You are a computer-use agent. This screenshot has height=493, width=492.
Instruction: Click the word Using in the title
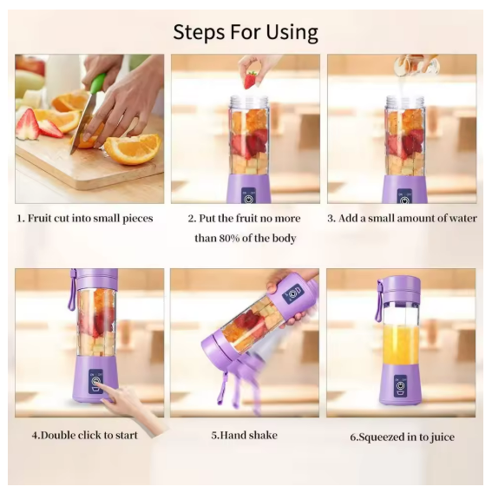pos(292,33)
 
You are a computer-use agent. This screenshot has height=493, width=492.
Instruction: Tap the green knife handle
pos(97,82)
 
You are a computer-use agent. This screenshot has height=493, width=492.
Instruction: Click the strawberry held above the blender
pos(251,80)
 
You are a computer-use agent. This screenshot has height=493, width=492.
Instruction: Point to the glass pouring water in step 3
pos(417,64)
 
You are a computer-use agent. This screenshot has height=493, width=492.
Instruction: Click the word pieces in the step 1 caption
pos(137,219)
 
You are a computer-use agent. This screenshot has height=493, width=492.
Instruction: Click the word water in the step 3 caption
pos(462,218)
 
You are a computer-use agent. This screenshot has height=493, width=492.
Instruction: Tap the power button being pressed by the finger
pos(95,381)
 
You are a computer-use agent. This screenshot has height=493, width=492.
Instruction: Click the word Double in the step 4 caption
pos(58,436)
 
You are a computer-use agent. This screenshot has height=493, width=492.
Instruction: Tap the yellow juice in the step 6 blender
pos(401,345)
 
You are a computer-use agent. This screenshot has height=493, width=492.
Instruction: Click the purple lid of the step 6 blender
pos(399,287)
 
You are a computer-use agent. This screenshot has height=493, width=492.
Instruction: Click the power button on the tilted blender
pos(293,293)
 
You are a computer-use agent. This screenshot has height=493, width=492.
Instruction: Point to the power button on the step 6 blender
pos(400,385)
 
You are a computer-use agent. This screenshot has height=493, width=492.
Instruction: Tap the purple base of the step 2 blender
pos(248,188)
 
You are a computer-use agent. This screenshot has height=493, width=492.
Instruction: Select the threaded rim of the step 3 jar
pos(404,102)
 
